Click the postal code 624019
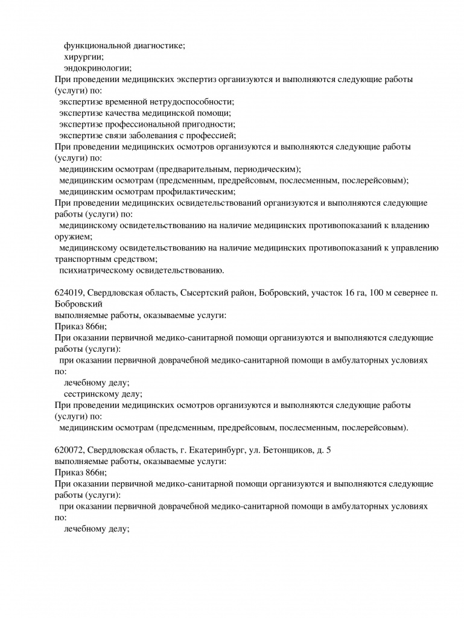tap(68, 293)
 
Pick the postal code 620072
tap(68, 450)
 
